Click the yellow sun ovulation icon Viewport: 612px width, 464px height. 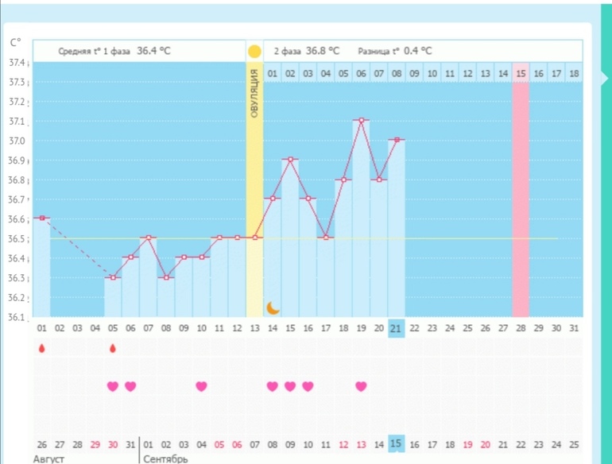pyautogui.click(x=254, y=52)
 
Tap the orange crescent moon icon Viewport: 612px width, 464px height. pyautogui.click(x=273, y=307)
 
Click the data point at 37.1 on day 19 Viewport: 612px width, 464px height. pyautogui.click(x=361, y=120)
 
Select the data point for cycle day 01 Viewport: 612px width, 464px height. pyautogui.click(x=42, y=218)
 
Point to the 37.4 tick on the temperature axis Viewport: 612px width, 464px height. pyautogui.click(x=17, y=63)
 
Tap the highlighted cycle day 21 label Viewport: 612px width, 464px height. pyautogui.click(x=396, y=327)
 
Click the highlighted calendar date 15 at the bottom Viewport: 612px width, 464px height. pyautogui.click(x=396, y=443)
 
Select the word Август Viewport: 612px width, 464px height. pyautogui.click(x=48, y=459)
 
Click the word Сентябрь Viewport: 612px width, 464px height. pyautogui.click(x=165, y=459)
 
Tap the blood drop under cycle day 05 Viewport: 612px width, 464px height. pyautogui.click(x=113, y=348)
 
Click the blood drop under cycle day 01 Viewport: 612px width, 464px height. pyautogui.click(x=42, y=348)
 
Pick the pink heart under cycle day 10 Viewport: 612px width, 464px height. pyautogui.click(x=201, y=386)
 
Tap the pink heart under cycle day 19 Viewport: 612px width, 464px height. pyautogui.click(x=361, y=386)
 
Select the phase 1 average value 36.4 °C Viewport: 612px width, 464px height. pyautogui.click(x=153, y=51)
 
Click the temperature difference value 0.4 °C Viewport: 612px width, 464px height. pyautogui.click(x=417, y=51)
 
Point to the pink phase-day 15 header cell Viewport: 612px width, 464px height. pyautogui.click(x=521, y=73)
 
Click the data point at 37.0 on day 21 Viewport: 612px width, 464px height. pyautogui.click(x=396, y=140)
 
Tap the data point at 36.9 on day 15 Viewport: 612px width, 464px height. pyautogui.click(x=290, y=159)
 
